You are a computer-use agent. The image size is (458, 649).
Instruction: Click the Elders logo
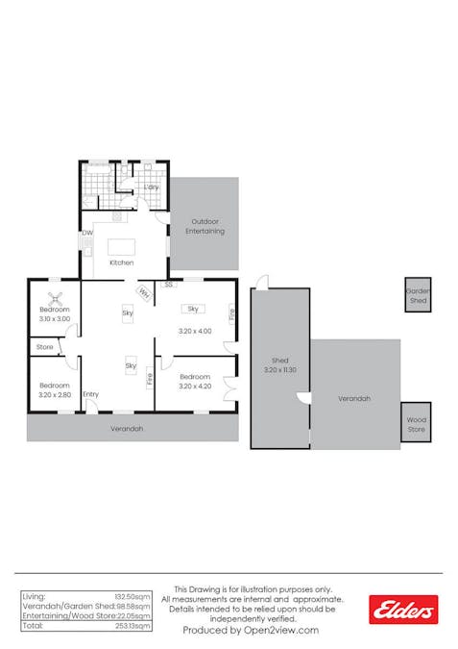[403, 609]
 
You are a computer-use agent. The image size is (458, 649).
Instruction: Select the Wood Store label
[416, 423]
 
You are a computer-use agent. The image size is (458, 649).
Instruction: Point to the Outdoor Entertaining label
[205, 227]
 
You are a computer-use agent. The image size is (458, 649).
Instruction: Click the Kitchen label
[121, 262]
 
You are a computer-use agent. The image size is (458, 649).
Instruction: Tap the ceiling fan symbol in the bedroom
[55, 298]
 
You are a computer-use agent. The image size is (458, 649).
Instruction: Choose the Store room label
[44, 346]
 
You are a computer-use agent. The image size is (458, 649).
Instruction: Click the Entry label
[90, 394]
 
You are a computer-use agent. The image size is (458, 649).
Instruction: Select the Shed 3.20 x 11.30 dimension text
[280, 365]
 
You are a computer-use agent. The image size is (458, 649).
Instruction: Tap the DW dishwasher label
[87, 233]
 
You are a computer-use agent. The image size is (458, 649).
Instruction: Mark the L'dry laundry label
[151, 187]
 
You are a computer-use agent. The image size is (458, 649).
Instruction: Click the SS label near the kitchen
[168, 285]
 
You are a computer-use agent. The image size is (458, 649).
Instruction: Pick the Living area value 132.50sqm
[134, 597]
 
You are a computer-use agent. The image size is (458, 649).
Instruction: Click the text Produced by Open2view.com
[251, 630]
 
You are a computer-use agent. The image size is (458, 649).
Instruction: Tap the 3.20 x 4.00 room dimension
[194, 331]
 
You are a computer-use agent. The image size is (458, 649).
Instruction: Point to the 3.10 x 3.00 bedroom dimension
[55, 318]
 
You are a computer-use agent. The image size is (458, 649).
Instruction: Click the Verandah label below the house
[127, 428]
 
